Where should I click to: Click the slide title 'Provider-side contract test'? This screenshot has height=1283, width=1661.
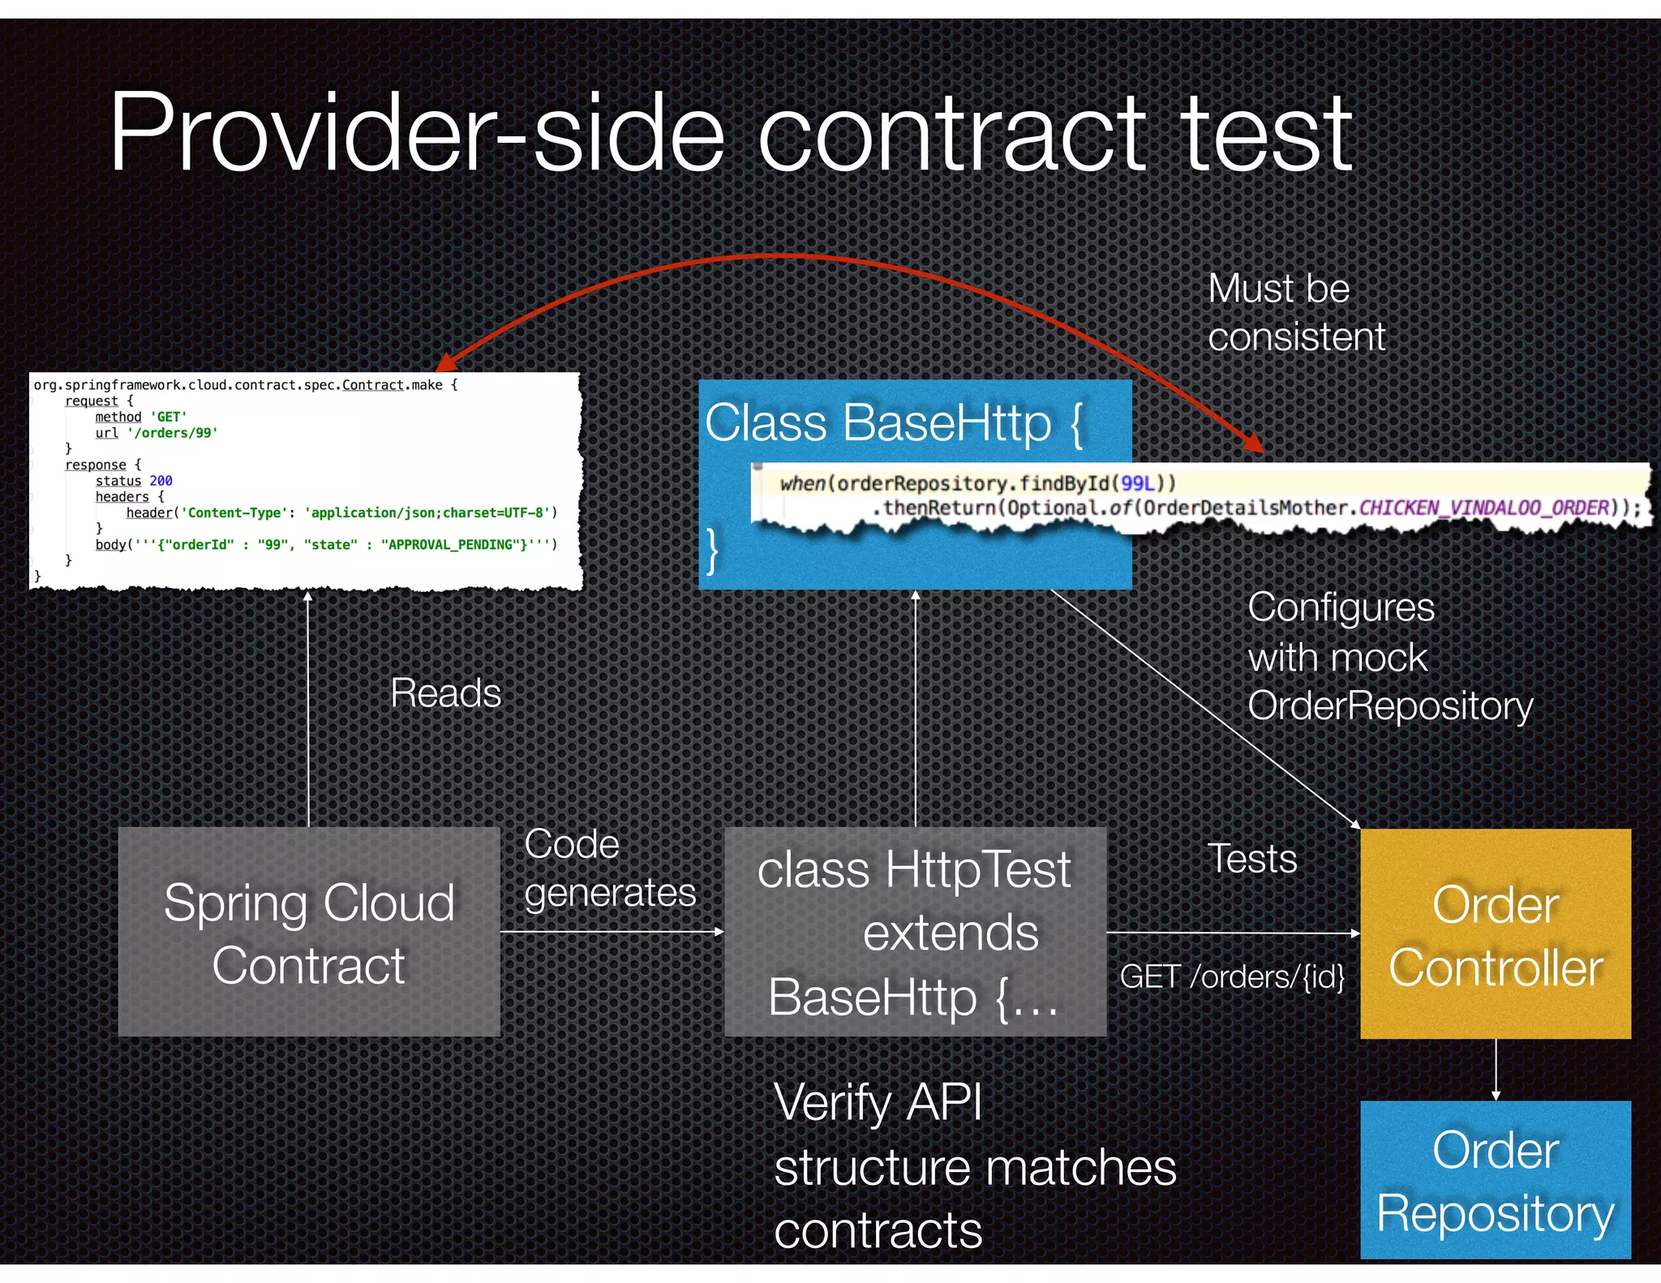tap(730, 134)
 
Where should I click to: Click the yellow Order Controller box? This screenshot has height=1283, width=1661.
tap(1496, 934)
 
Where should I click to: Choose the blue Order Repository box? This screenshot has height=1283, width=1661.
tap(1496, 1180)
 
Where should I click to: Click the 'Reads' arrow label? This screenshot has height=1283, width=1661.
tap(445, 693)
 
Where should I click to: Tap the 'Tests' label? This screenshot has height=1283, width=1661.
tap(1252, 859)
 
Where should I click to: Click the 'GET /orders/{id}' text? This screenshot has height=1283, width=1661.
tap(1232, 977)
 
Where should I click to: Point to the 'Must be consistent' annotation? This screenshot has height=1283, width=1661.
tap(1296, 313)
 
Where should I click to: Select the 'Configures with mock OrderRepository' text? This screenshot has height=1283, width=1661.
tap(1389, 657)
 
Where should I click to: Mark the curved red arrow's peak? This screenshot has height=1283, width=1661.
tap(770, 256)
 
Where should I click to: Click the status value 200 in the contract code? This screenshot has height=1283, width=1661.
tap(161, 481)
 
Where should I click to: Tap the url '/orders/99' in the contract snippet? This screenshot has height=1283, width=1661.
tap(172, 433)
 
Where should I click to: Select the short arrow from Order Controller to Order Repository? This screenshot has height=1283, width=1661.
tap(1496, 1070)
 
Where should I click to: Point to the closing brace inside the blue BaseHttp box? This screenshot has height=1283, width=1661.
tap(712, 551)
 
